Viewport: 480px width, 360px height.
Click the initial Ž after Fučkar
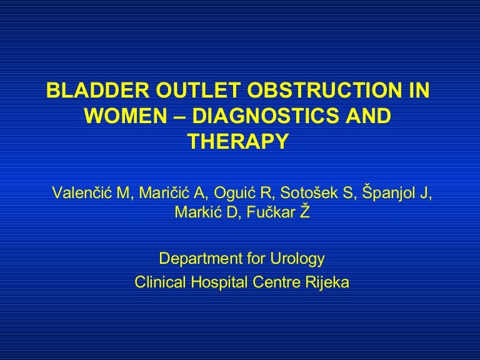coord(304,212)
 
